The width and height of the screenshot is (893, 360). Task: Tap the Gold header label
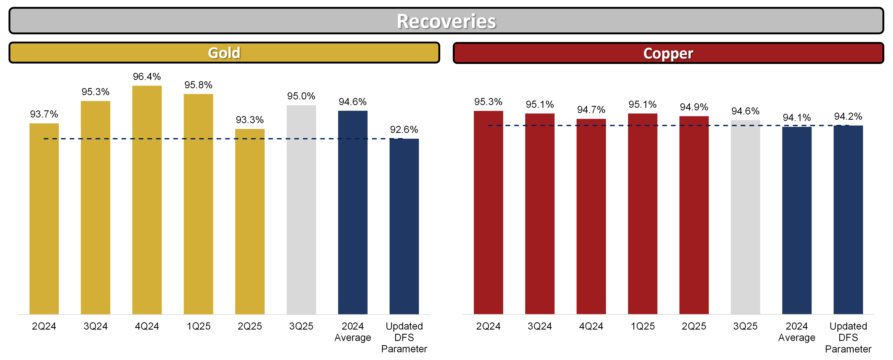[x=224, y=53]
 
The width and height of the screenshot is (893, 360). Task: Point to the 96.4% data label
[x=147, y=77]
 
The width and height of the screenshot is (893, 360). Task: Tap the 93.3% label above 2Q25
[x=250, y=120]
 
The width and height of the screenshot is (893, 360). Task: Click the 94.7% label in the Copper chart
[x=591, y=110]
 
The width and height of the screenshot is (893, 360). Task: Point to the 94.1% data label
[x=797, y=118]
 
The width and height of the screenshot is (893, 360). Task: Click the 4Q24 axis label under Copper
[x=591, y=326]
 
